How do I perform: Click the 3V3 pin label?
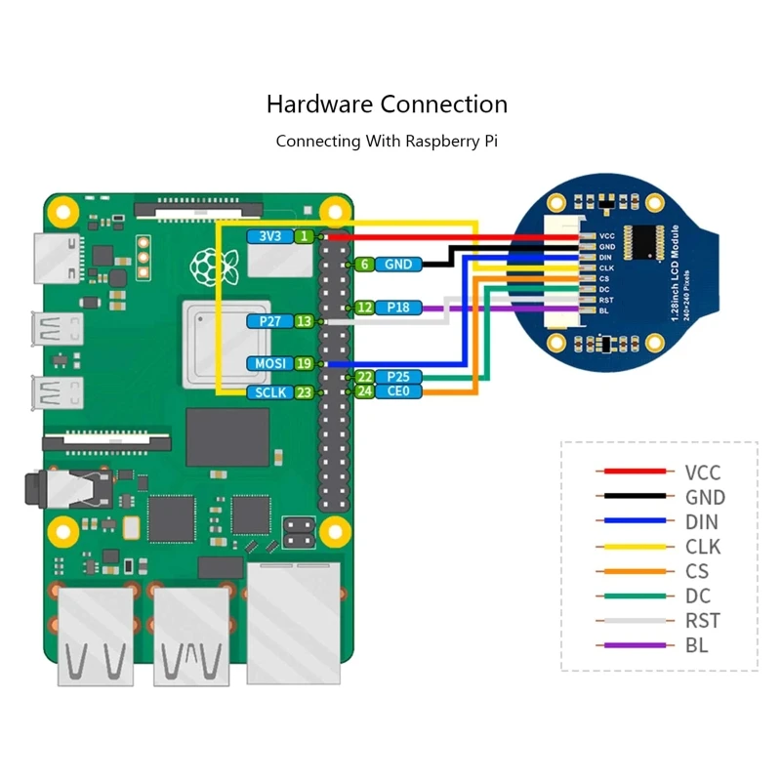[270, 236]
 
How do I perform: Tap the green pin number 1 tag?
[306, 236]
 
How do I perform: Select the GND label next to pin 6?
[397, 264]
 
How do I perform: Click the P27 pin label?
[269, 320]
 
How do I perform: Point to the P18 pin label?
[397, 308]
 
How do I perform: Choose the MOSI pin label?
[269, 363]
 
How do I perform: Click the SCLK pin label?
[269, 391]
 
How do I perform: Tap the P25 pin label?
[397, 377]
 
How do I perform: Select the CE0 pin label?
[397, 391]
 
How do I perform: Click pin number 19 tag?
[305, 363]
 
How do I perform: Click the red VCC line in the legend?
[635, 473]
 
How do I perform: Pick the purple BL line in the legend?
[635, 645]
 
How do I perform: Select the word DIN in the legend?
[701, 522]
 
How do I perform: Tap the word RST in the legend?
[702, 621]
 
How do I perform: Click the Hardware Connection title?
[387, 104]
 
